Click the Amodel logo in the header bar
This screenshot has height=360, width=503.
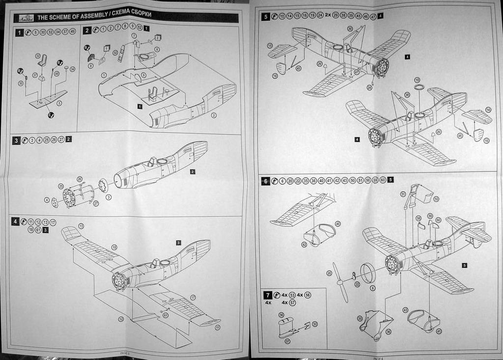pos(25,18)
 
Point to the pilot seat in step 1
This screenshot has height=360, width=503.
pos(44,61)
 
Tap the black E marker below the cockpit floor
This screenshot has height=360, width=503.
pos(51,115)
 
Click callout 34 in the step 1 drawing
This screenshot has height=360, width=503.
pos(73,69)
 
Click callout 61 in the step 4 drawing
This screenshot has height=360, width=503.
pos(166,315)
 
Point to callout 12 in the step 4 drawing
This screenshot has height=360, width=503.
pos(121,319)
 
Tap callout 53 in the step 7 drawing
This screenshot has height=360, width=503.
pos(315,324)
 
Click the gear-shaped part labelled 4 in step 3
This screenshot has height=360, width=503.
pos(55,202)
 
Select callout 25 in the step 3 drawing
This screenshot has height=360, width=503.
pos(61,187)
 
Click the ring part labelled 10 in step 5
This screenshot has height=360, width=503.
pos(419,87)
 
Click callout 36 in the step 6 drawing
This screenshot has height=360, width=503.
pos(388,332)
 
